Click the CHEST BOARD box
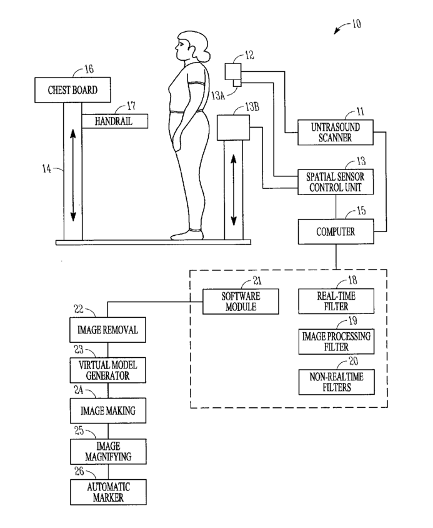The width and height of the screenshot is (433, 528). [72, 90]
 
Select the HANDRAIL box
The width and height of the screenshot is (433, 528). [114, 121]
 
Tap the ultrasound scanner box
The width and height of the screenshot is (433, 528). [336, 133]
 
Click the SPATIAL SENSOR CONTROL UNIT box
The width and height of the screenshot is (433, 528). [336, 182]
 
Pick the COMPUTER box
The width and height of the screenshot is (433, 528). [336, 231]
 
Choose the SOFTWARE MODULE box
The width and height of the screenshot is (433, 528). [241, 302]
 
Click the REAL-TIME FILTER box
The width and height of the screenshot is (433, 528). [336, 301]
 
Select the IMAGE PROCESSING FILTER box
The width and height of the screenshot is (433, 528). [336, 342]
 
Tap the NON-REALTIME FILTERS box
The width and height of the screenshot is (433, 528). [336, 382]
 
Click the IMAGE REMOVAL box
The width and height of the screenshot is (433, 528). [107, 330]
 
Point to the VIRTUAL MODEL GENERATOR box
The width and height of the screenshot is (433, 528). [107, 370]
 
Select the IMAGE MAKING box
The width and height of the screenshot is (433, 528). [108, 410]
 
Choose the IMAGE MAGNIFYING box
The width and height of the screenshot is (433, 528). [108, 452]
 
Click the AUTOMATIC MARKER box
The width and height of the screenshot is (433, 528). [108, 492]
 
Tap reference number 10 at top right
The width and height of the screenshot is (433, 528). [357, 24]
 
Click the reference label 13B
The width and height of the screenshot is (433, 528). [252, 107]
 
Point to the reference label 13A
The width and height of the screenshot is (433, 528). [218, 96]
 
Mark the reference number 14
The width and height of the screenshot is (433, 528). [47, 168]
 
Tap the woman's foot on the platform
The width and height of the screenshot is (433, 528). [187, 235]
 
